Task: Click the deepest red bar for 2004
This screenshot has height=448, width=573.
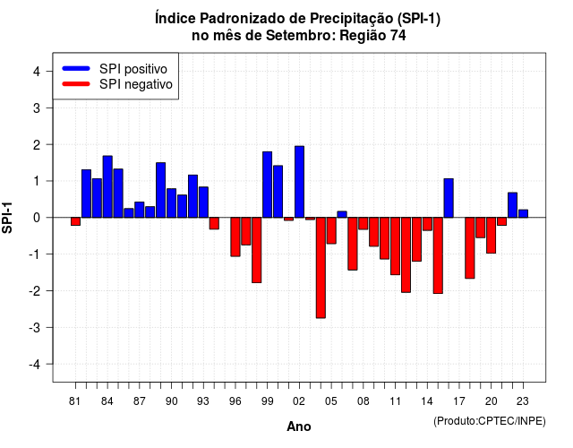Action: (321, 268)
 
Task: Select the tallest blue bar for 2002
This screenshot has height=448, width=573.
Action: (299, 182)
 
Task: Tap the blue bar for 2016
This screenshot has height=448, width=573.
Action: (449, 198)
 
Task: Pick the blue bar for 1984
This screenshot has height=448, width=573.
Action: (107, 186)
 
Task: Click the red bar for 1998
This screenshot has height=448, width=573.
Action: (257, 250)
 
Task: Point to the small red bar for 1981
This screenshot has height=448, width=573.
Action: (75, 221)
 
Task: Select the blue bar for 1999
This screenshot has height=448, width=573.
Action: (267, 185)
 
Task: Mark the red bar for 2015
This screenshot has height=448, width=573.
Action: (438, 255)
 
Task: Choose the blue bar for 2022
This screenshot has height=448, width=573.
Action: (512, 205)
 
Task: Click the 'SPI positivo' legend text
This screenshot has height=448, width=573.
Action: (133, 69)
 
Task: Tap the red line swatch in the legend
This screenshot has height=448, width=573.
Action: (76, 84)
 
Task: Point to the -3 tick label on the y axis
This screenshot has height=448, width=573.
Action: (35, 327)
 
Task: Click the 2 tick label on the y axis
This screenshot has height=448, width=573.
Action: (37, 145)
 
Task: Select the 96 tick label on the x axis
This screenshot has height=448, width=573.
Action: (235, 401)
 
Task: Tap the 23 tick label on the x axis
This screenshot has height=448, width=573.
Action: (523, 401)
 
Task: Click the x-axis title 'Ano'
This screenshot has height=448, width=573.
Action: (298, 426)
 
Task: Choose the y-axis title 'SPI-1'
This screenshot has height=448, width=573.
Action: (7, 218)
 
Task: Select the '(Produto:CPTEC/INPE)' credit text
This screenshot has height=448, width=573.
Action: (490, 421)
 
